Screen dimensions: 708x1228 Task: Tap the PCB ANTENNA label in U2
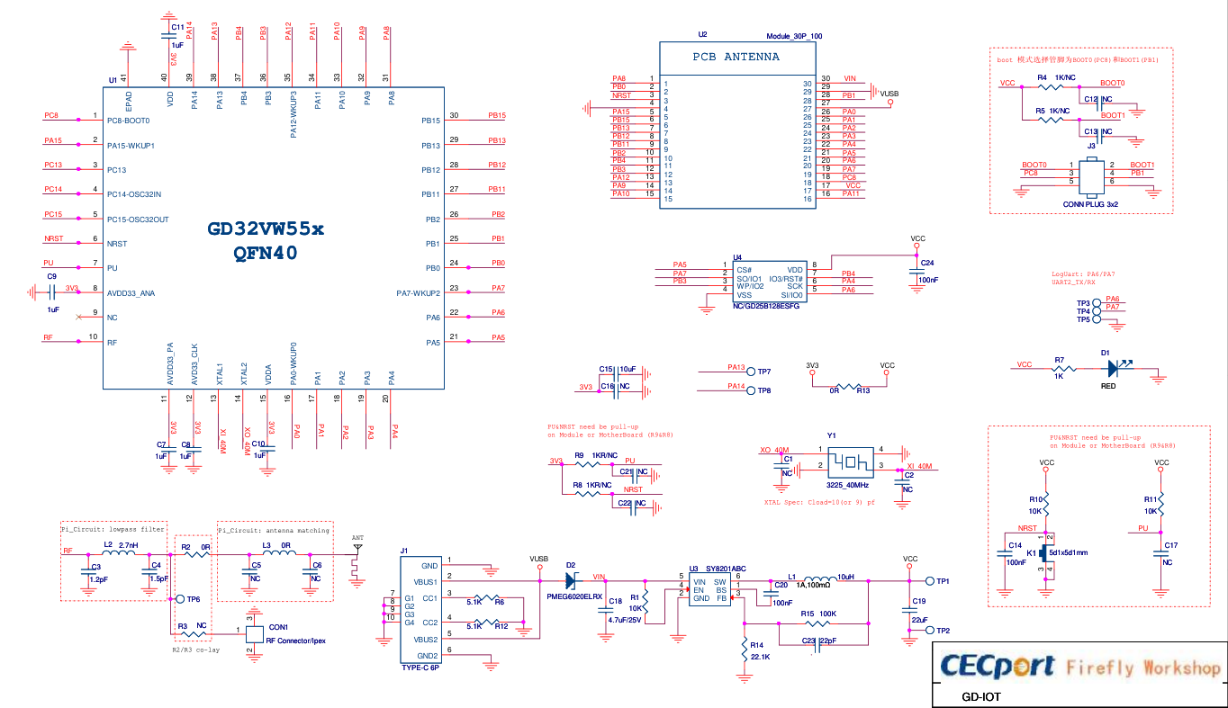click(x=736, y=57)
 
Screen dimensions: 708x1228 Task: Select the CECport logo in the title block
click(x=998, y=666)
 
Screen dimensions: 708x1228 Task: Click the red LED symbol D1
click(x=1114, y=367)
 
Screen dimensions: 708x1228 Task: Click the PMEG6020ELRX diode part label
click(x=574, y=596)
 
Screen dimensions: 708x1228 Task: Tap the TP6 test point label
click(x=194, y=599)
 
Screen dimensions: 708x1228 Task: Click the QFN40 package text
click(x=266, y=254)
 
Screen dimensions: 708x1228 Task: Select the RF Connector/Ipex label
click(x=295, y=641)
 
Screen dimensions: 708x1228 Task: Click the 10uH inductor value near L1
click(x=845, y=577)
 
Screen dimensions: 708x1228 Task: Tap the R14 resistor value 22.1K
click(x=760, y=658)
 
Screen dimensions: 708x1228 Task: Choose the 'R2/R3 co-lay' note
click(x=195, y=650)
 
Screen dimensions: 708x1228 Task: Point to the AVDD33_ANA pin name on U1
click(x=131, y=292)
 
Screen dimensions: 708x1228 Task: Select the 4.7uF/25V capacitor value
click(x=624, y=620)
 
